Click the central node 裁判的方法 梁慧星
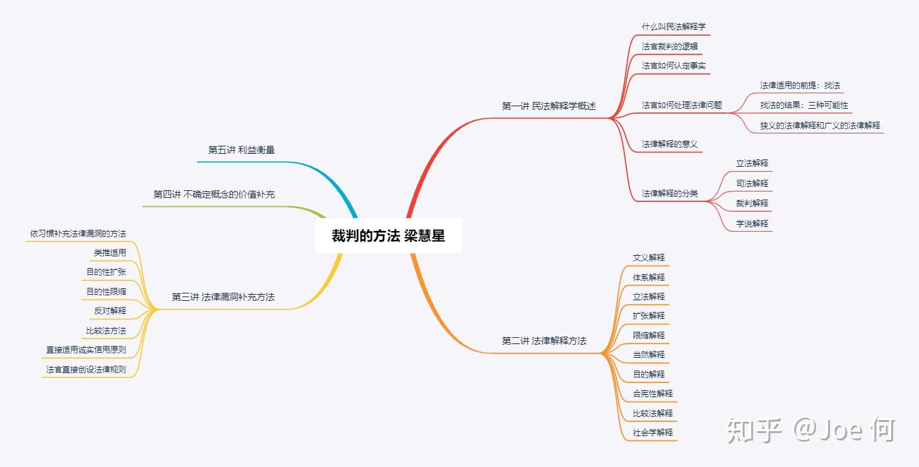(x=388, y=235)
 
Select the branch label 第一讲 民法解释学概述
(x=548, y=106)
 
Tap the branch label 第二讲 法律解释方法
(x=544, y=340)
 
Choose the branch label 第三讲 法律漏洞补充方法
(x=223, y=297)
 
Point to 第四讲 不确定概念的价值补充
(x=214, y=194)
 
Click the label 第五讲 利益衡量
(x=241, y=149)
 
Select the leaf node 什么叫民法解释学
(x=674, y=27)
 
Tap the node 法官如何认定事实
(x=674, y=65)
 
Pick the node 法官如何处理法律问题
(x=682, y=105)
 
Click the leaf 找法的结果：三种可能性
(x=804, y=105)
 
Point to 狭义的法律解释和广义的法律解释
(x=820, y=125)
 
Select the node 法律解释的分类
(x=669, y=193)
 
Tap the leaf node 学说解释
(x=752, y=224)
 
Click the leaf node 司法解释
(x=752, y=183)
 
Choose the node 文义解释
(x=648, y=258)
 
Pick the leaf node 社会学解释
(x=653, y=432)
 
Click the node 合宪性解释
(x=653, y=393)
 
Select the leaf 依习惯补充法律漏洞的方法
(x=78, y=233)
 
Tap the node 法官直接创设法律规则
(x=86, y=369)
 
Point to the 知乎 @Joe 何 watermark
(x=811, y=431)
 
